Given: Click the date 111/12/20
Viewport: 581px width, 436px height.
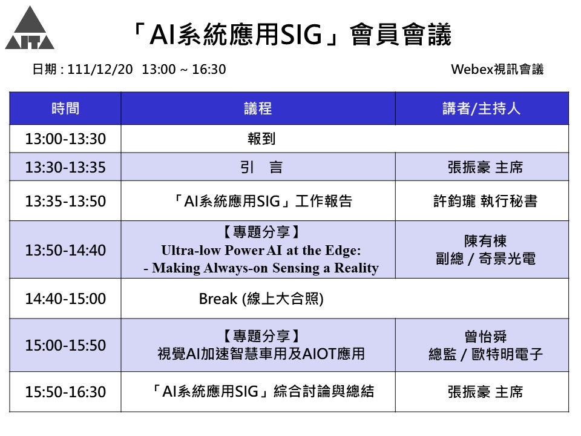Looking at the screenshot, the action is pos(100,69).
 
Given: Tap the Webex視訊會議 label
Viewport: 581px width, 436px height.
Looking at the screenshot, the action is pos(497,69).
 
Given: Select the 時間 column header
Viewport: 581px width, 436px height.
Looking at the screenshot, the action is pos(65,108).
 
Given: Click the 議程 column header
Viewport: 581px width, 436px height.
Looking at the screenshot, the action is pos(258,108).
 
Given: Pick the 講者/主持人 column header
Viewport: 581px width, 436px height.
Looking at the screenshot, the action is pos(482,108).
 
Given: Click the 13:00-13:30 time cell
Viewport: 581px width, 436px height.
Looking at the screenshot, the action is pos(65,139).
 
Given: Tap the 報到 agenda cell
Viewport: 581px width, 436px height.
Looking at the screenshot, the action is pos(261,139).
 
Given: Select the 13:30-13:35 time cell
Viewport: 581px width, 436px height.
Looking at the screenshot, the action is pos(65,167).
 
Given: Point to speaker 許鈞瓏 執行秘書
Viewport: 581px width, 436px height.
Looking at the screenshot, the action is pos(485,201).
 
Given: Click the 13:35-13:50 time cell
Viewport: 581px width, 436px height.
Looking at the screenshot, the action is pos(65,201).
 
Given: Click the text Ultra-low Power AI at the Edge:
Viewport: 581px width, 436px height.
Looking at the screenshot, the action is pos(261,251).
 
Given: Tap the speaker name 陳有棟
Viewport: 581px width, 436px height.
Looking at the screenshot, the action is pos(485,241).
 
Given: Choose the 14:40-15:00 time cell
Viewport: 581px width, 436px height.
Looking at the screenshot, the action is pos(65,299).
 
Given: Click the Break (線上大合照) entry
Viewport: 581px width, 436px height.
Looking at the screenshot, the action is pos(261,299).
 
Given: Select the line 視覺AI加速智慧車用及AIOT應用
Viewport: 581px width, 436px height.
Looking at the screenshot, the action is pos(261,354).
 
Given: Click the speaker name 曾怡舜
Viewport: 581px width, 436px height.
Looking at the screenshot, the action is pos(485,337).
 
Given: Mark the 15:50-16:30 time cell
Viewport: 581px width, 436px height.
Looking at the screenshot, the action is pos(65,392).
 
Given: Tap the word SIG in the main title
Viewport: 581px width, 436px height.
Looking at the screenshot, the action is pos(301,35).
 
